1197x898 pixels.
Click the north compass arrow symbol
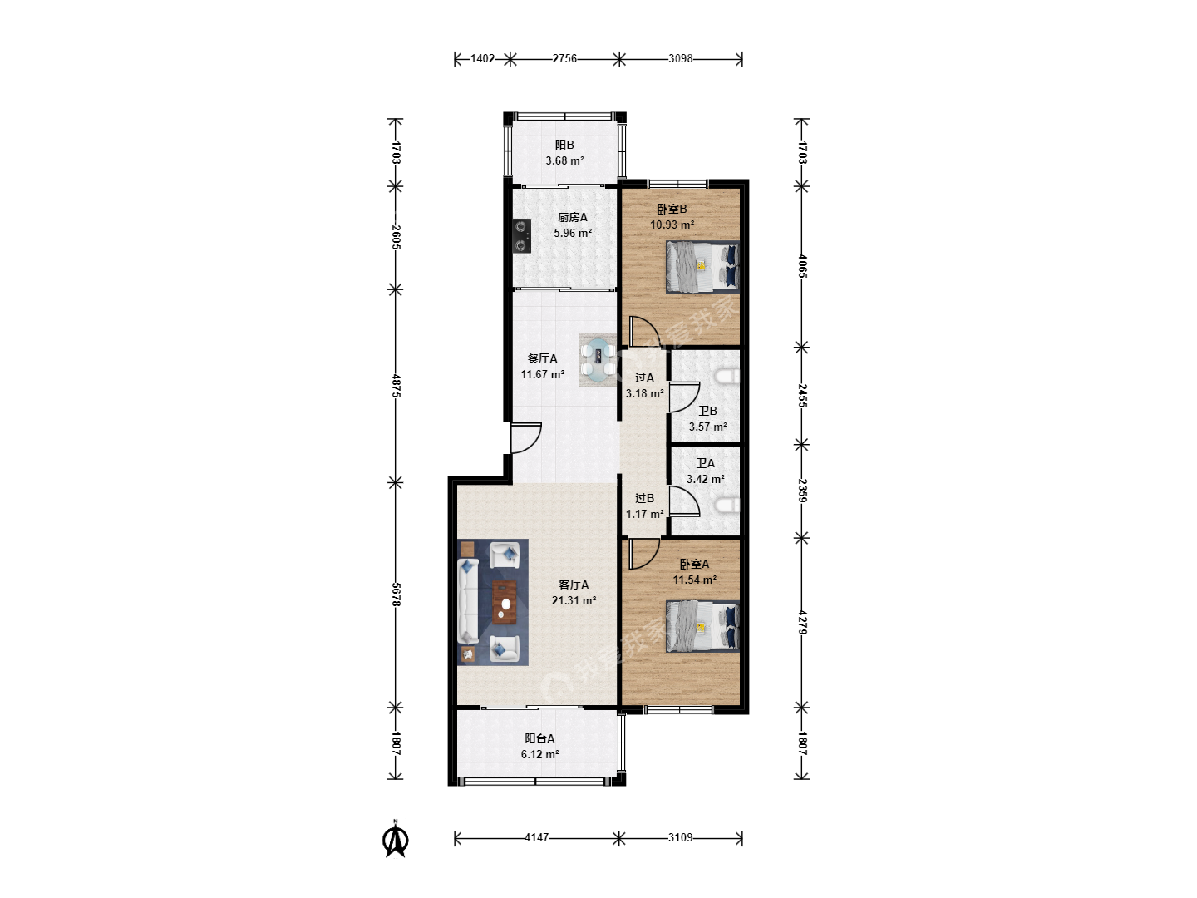396,840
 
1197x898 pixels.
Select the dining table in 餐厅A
598,360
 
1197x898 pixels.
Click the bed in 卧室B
702,267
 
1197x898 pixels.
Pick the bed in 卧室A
702,626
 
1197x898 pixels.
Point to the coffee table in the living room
123,603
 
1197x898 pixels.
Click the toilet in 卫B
727,376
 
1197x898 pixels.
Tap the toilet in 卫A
727,505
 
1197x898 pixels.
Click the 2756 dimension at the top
564,58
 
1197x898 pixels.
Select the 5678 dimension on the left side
396,595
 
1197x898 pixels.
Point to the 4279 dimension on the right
801,622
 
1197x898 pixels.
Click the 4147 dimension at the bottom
537,837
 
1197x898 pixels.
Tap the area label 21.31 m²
574,600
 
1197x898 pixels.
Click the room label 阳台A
539,738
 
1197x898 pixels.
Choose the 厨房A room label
572,217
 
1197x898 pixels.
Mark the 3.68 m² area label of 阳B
564,160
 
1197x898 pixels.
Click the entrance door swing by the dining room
525,438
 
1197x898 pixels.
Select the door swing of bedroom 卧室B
644,331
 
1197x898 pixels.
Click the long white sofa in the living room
468,600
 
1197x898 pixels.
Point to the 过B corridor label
644,498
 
